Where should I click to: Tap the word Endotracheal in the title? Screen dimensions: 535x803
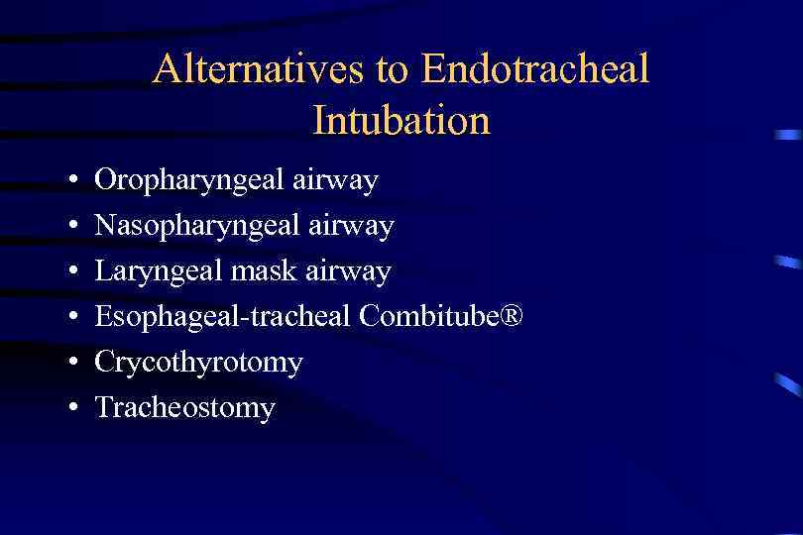coord(534,69)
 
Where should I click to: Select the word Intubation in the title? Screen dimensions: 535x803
coord(401,120)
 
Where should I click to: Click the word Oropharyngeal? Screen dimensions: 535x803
coord(189,181)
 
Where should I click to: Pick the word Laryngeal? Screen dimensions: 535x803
coord(158,272)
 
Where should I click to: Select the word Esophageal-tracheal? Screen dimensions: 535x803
coord(223,317)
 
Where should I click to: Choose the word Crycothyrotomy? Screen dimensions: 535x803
coord(198,363)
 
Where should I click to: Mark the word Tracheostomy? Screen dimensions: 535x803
coord(184,407)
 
